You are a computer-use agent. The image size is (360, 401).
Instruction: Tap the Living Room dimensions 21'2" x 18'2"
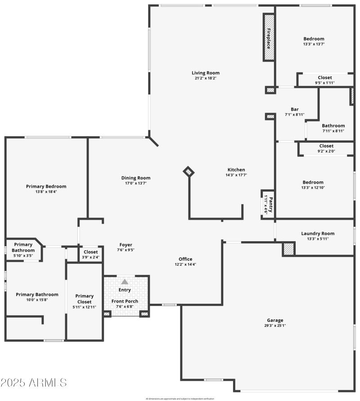(x=206, y=78)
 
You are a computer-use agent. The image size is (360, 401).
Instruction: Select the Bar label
(x=295, y=109)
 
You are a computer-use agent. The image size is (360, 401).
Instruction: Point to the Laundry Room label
(x=318, y=234)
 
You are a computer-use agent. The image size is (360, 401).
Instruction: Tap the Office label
(x=185, y=259)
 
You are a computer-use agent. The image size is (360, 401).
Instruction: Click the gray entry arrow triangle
(x=125, y=281)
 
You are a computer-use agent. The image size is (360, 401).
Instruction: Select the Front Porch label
(x=125, y=302)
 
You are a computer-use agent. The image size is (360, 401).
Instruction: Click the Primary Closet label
(x=85, y=299)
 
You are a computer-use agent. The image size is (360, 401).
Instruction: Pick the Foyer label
(x=126, y=245)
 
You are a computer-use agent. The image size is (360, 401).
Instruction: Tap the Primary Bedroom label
(x=46, y=186)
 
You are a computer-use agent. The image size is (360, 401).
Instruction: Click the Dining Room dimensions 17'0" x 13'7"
(x=135, y=183)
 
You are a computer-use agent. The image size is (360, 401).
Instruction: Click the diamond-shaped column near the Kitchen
(x=189, y=171)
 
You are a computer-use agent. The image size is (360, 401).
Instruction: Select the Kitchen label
(x=236, y=170)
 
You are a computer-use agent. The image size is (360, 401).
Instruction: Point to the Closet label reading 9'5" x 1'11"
(x=325, y=77)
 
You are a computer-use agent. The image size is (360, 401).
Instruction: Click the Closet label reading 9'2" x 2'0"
(x=326, y=146)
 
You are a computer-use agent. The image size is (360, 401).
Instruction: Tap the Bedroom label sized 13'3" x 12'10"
(x=313, y=182)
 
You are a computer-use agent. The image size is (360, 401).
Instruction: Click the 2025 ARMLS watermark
(x=34, y=383)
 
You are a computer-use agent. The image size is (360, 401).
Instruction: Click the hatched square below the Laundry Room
(x=288, y=249)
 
